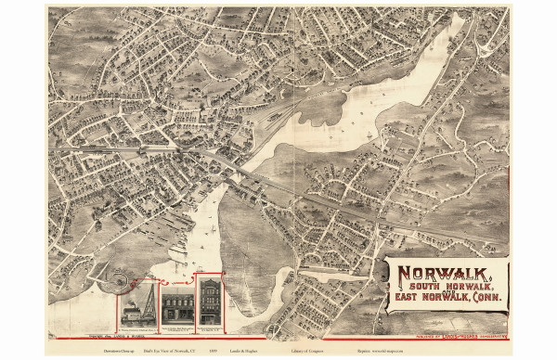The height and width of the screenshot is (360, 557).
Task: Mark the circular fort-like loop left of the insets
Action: pyautogui.click(x=120, y=278)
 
